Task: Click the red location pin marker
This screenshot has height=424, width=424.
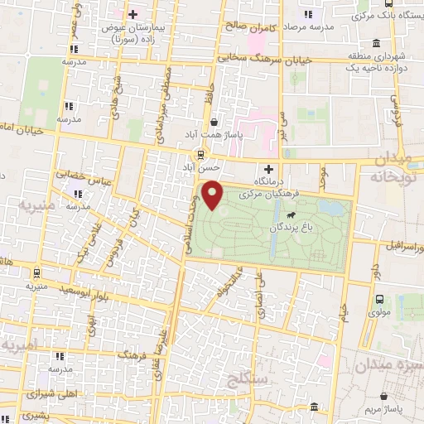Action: point(214,194)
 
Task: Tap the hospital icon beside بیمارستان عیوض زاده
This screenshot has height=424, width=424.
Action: point(132,14)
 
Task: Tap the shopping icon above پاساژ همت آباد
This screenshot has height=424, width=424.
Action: point(214,121)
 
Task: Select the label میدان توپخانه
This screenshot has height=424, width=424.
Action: point(393,167)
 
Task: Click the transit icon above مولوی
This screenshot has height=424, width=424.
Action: point(379,299)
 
